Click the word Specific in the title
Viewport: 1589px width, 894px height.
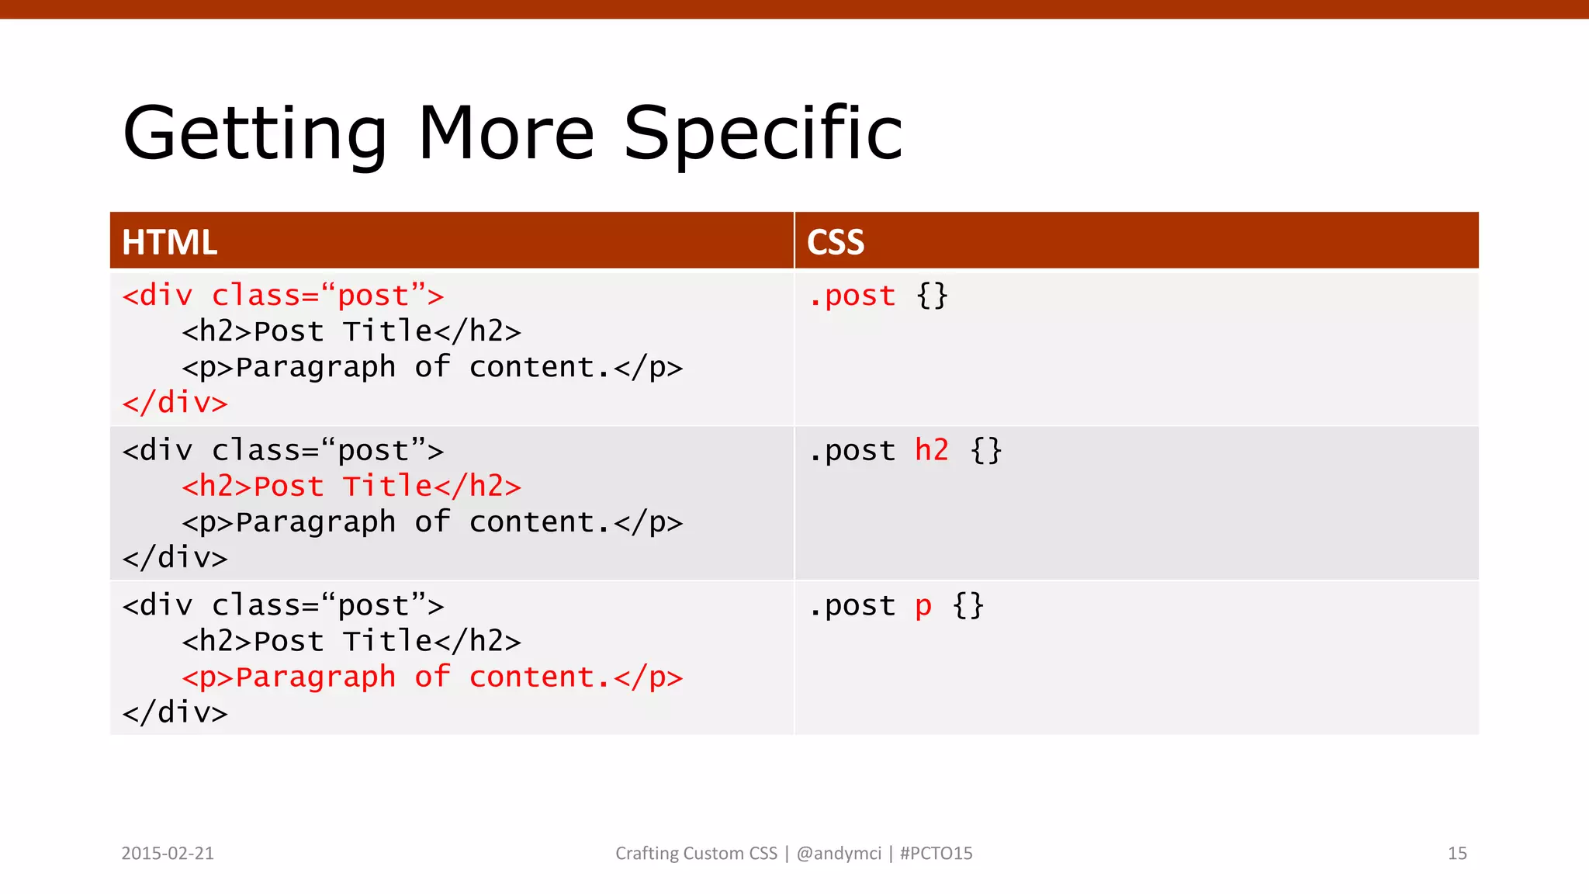pyautogui.click(x=763, y=134)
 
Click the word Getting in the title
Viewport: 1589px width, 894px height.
pyautogui.click(x=254, y=134)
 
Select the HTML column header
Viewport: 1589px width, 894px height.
pyautogui.click(x=169, y=242)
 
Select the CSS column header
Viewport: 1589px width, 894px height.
pyautogui.click(x=835, y=242)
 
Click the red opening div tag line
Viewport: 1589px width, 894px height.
pyautogui.click(x=282, y=296)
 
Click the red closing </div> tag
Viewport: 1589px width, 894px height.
pyautogui.click(x=175, y=403)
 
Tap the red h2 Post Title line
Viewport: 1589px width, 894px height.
pyautogui.click(x=351, y=487)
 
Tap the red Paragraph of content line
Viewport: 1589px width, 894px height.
pyautogui.click(x=431, y=677)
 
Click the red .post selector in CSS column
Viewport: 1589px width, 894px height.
pyautogui.click(x=852, y=296)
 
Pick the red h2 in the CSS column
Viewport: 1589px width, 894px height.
pyautogui.click(x=931, y=450)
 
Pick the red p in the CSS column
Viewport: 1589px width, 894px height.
pyautogui.click(x=923, y=606)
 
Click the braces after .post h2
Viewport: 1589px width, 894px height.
pyautogui.click(x=986, y=450)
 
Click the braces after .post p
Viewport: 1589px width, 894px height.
pyautogui.click(x=968, y=605)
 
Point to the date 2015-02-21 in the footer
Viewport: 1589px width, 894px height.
pyautogui.click(x=168, y=854)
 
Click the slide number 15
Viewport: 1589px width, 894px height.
pyautogui.click(x=1457, y=854)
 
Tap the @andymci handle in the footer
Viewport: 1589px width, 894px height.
pyautogui.click(x=839, y=854)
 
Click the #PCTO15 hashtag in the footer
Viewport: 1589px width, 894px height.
pyautogui.click(x=936, y=854)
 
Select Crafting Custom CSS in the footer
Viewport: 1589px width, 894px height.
pyautogui.click(x=696, y=854)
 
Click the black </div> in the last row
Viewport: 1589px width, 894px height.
pyautogui.click(x=175, y=712)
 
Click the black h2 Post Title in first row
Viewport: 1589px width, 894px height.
pyautogui.click(x=351, y=331)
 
